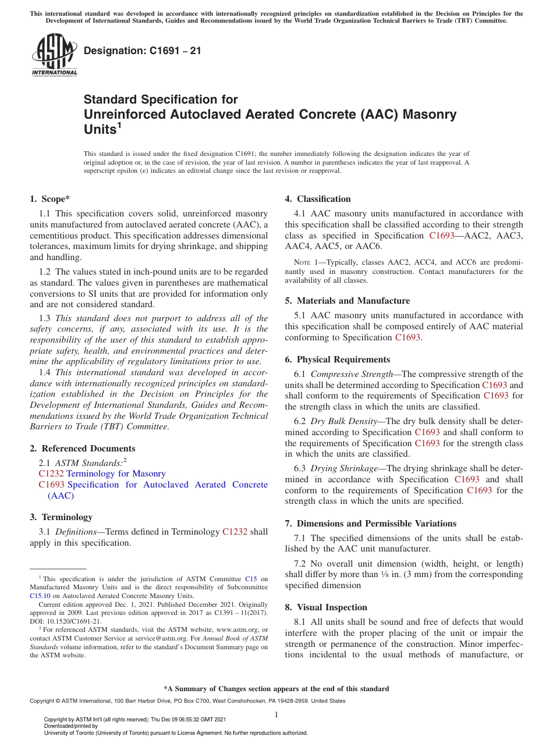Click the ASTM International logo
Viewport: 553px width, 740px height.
pos(54,55)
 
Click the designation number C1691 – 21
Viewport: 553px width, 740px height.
pos(143,51)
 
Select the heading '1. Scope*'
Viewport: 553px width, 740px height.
pos(50,199)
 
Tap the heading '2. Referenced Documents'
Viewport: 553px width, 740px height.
pos(82,449)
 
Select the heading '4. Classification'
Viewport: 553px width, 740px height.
pos(318,199)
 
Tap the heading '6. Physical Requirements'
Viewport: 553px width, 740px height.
pos(337,360)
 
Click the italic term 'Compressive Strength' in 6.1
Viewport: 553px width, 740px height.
pos(352,374)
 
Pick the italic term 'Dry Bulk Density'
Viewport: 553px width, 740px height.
pos(343,421)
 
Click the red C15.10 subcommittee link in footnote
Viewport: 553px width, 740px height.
pos(40,595)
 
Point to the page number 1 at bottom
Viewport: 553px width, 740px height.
pos(276,714)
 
